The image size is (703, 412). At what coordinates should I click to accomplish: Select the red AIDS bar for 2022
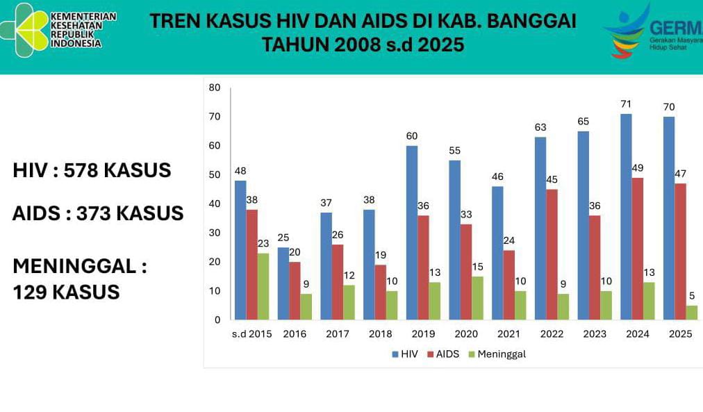click(551, 254)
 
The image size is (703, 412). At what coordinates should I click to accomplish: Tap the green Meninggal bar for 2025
click(693, 313)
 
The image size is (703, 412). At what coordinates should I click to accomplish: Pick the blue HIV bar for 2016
click(283, 283)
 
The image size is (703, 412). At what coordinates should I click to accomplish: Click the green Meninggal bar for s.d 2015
click(263, 286)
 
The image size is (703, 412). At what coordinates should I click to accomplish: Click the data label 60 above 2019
click(412, 135)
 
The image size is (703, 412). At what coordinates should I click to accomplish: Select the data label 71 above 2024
click(626, 104)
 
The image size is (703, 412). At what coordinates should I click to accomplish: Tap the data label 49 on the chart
click(637, 167)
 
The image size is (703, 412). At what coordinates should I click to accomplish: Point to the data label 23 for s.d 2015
click(263, 243)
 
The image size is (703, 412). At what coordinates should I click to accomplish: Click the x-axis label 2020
click(466, 334)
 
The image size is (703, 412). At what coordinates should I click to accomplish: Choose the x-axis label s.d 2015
click(251, 334)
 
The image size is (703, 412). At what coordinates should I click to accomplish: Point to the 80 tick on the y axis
click(214, 88)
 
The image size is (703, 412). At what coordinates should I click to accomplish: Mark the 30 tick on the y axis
click(214, 233)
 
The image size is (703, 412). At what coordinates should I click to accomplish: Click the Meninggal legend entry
click(497, 354)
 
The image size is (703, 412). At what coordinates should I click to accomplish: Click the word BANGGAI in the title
click(531, 21)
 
